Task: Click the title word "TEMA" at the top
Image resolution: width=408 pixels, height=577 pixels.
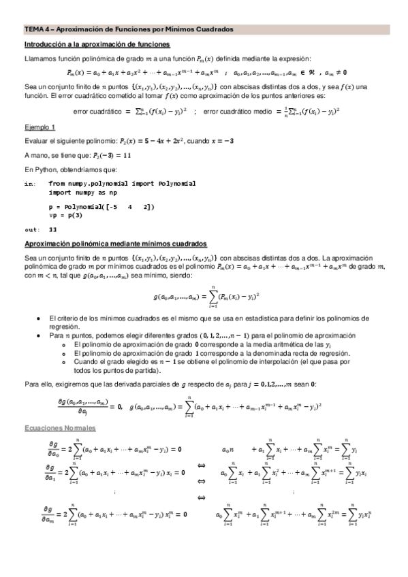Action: (33, 30)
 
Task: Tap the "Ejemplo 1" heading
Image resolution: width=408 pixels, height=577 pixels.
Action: (40, 127)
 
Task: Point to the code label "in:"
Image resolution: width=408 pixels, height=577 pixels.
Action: (29, 184)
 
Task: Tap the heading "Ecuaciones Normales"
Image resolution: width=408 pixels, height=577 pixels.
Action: (60, 427)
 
